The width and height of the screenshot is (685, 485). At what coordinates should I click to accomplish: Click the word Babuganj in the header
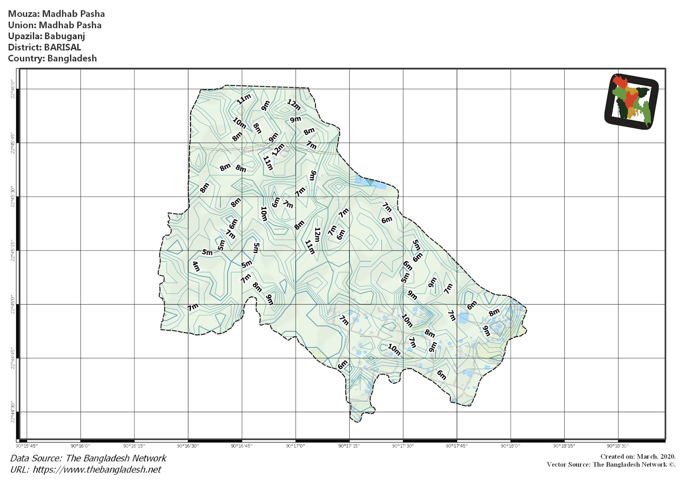[x=65, y=36]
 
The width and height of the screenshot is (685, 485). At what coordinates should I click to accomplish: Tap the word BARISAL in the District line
[x=63, y=47]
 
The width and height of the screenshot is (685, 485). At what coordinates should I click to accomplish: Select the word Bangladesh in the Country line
[x=72, y=58]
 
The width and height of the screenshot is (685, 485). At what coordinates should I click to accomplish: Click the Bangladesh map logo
[x=631, y=101]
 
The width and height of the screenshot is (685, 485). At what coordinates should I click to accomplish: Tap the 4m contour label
[x=196, y=267]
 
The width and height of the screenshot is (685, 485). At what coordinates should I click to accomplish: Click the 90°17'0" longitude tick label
[x=295, y=446]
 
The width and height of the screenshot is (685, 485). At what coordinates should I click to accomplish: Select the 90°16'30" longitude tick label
[x=188, y=446]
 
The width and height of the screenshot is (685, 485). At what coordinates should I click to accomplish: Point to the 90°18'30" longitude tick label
[x=618, y=446]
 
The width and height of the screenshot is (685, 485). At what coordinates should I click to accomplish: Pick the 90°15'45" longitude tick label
[x=27, y=446]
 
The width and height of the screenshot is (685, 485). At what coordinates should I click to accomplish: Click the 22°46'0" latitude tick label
[x=12, y=89]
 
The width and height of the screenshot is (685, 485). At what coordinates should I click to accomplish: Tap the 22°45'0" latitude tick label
[x=12, y=304]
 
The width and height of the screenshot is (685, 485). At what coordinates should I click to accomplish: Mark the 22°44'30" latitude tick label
[x=12, y=412]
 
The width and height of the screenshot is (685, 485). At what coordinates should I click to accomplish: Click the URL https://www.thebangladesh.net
[x=97, y=470]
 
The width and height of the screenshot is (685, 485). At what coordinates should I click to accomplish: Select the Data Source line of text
[x=88, y=458]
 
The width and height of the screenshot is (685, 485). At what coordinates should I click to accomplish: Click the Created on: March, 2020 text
[x=638, y=457]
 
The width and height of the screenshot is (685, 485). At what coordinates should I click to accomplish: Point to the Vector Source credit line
[x=611, y=465]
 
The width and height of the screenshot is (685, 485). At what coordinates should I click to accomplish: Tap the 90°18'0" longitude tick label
[x=510, y=446]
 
